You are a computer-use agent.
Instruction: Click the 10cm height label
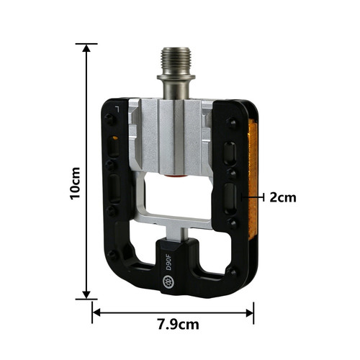click(x=75, y=183)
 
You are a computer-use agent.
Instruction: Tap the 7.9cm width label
click(x=179, y=325)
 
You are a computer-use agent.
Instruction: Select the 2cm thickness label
click(x=283, y=197)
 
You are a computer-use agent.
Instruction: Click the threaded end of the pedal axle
click(x=176, y=60)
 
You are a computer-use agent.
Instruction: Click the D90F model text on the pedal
click(x=168, y=263)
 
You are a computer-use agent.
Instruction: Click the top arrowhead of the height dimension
click(x=86, y=48)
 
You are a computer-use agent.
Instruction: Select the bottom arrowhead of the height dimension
click(x=86, y=295)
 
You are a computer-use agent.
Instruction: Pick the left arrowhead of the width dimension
click(x=96, y=312)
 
